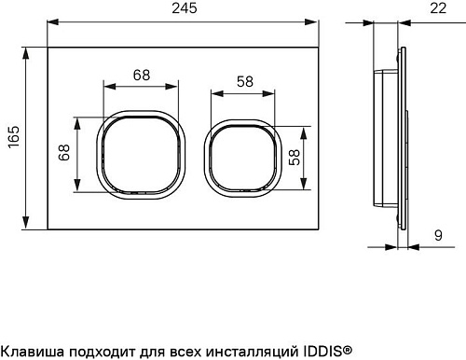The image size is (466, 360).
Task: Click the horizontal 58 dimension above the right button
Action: tap(244, 81)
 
